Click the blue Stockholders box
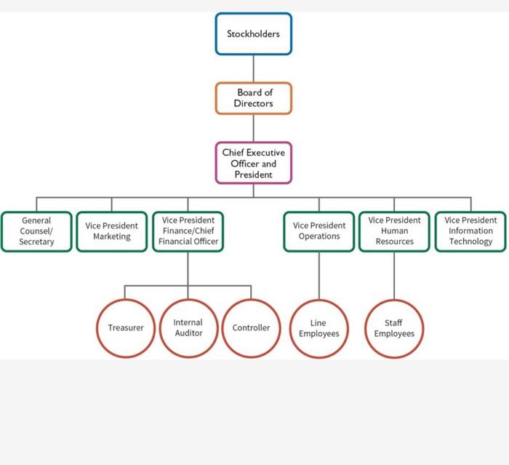coord(253,34)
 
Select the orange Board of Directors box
coord(253,98)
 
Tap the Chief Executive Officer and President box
coord(253,163)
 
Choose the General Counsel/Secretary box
coord(36,231)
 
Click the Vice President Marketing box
coord(111,231)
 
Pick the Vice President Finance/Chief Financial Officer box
coord(188,231)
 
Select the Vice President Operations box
coord(319,231)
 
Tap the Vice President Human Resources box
coord(394,231)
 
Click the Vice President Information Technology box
coord(470,231)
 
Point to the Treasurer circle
coord(126,328)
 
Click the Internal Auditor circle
coord(188,328)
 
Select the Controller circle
coord(251,328)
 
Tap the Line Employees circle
coord(319,328)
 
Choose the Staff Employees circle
coord(394,328)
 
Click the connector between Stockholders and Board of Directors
coord(253,68)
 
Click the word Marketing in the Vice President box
coord(111,237)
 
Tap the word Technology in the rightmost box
coord(470,242)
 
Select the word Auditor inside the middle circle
coord(188,333)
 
